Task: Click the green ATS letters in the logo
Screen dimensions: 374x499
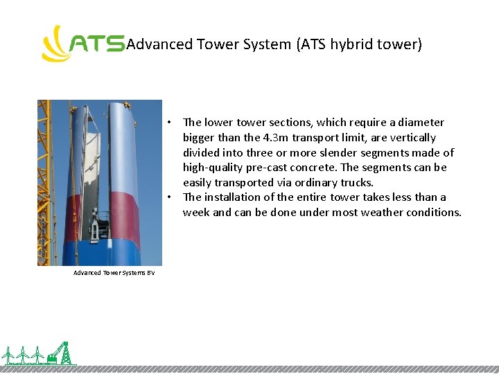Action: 98,45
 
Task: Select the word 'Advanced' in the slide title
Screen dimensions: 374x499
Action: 159,44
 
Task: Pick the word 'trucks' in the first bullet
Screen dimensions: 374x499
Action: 355,183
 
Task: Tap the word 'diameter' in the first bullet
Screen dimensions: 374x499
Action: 421,123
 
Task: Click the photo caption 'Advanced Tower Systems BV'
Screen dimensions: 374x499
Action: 114,273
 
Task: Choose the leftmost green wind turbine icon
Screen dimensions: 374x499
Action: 9,355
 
